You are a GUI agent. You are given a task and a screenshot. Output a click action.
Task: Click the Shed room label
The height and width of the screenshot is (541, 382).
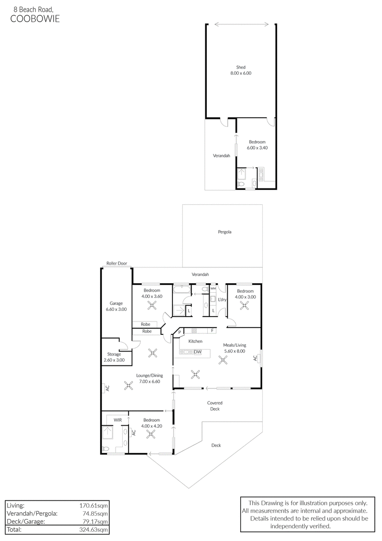click(241, 70)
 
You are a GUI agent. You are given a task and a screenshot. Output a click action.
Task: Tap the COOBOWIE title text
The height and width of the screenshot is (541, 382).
click(35, 19)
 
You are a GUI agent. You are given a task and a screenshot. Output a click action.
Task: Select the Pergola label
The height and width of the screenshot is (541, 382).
click(224, 232)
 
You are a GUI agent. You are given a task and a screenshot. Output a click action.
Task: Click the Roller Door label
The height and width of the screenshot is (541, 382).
click(117, 263)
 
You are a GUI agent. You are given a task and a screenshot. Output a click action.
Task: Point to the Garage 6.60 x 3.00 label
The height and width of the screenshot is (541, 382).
click(116, 307)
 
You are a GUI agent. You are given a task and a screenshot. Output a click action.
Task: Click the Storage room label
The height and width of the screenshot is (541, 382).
click(114, 357)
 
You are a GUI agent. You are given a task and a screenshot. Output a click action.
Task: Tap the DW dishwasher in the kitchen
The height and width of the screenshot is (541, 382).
click(197, 352)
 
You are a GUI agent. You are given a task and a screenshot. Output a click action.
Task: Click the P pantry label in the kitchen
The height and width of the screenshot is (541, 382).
click(180, 332)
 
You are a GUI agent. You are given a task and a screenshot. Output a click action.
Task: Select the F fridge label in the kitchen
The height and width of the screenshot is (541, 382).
click(212, 331)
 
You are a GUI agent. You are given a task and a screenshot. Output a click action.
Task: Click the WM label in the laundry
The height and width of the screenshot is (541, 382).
click(213, 288)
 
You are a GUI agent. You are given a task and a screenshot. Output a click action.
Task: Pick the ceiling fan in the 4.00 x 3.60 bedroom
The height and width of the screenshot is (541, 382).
click(152, 305)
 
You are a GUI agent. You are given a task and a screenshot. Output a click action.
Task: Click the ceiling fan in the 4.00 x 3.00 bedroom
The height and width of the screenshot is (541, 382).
click(245, 305)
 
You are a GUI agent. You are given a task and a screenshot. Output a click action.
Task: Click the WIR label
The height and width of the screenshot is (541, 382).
click(117, 420)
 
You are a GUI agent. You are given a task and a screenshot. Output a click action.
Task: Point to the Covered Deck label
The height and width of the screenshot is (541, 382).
click(215, 406)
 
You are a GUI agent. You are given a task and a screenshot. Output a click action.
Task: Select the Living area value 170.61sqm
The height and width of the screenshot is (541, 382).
click(93, 506)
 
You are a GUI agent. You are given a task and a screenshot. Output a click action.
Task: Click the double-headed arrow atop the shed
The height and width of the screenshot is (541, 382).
click(242, 24)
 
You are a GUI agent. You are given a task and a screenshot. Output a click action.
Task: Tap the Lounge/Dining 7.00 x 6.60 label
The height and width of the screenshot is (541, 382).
click(149, 378)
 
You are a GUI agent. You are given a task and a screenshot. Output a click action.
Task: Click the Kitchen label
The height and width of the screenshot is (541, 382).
click(195, 341)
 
